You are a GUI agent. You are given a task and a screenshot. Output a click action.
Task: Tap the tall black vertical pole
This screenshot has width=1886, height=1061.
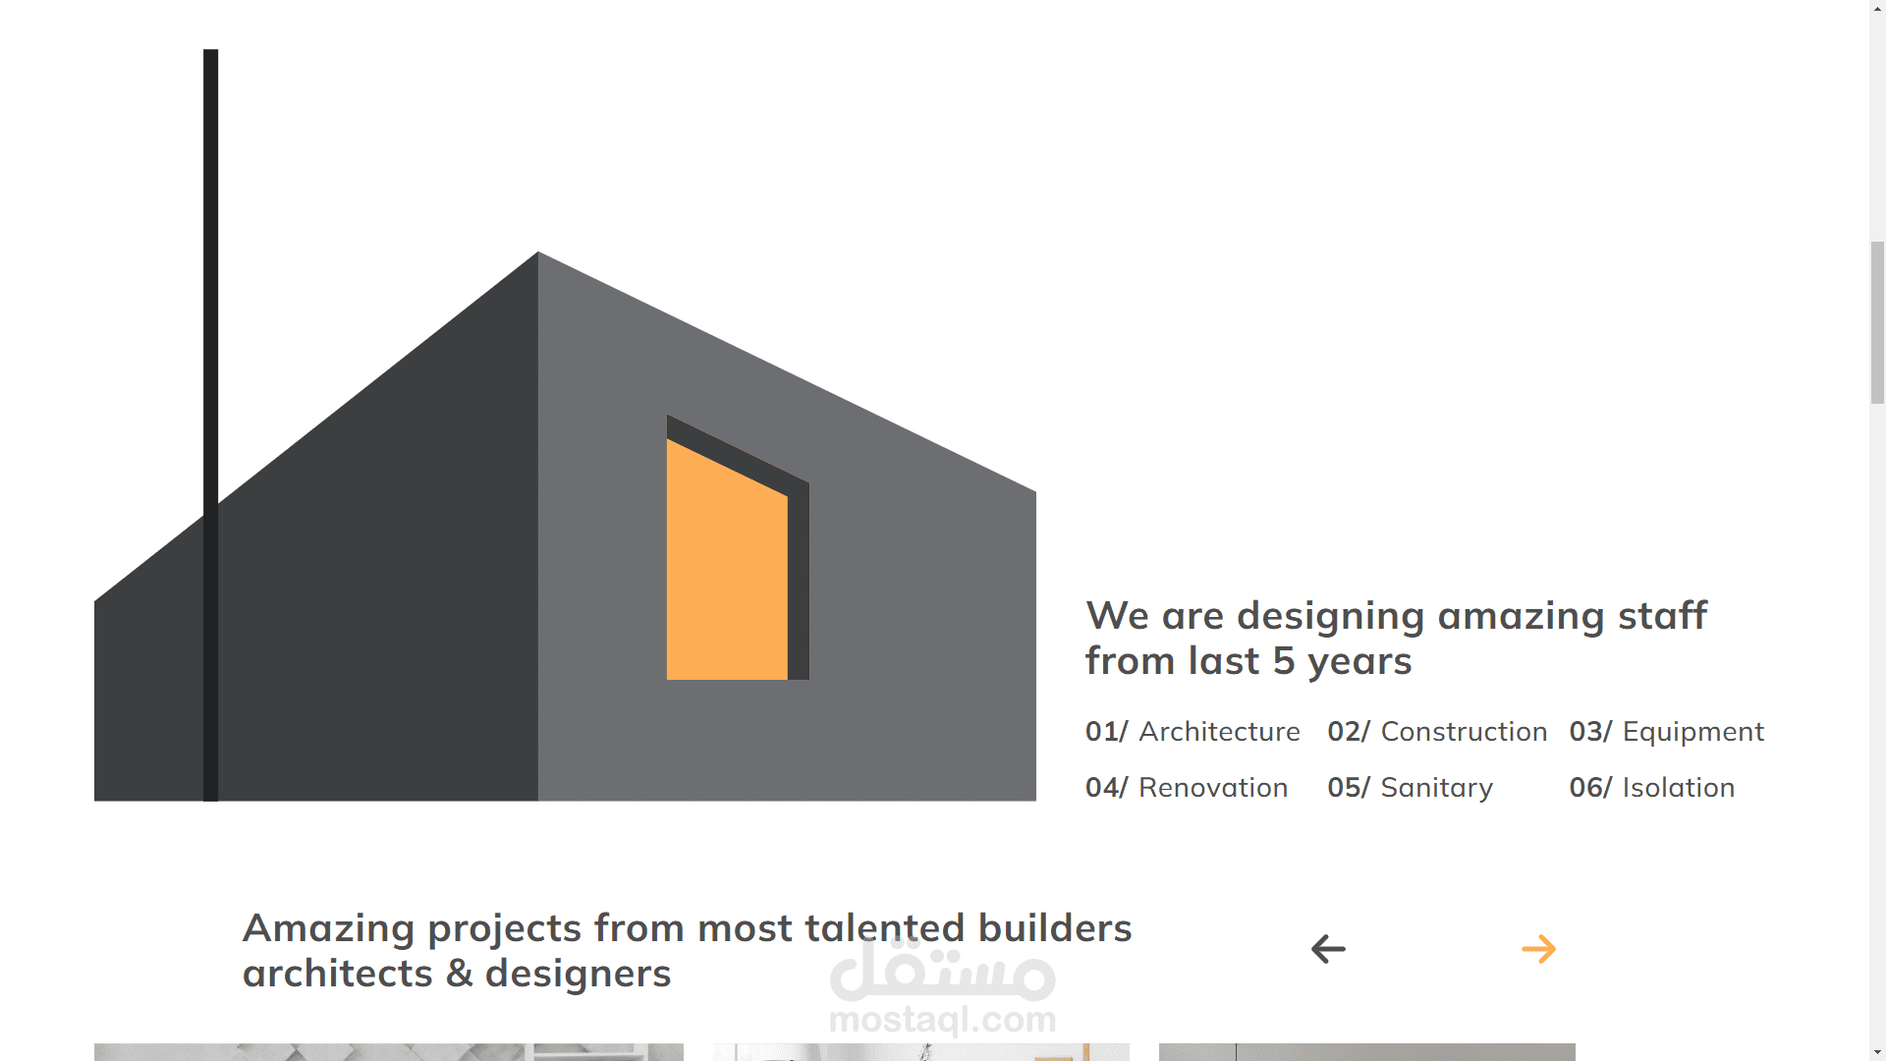210,425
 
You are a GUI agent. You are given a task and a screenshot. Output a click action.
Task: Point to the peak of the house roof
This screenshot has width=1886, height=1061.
538,253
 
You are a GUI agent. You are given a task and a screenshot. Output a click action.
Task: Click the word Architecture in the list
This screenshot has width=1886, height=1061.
1219,732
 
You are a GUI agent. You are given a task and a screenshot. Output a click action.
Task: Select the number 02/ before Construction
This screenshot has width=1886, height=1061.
1348,732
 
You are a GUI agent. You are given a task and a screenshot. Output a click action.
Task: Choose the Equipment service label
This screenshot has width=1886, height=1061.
1692,732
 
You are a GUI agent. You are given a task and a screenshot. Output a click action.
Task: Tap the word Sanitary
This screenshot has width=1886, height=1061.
1436,788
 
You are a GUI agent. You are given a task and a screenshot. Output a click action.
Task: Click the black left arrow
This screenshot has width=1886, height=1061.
1328,949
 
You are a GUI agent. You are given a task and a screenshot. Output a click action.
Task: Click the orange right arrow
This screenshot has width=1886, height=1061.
1538,949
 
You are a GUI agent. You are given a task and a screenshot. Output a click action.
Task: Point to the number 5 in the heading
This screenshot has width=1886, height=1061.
1284,661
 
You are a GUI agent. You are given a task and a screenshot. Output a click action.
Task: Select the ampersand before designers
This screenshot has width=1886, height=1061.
459,974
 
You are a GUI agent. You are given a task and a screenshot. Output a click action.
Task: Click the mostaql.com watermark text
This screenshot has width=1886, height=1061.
943,1020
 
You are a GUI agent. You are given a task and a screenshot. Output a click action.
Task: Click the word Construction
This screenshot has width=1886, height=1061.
1464,732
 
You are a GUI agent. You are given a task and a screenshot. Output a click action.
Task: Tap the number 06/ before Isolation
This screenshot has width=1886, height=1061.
1590,788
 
